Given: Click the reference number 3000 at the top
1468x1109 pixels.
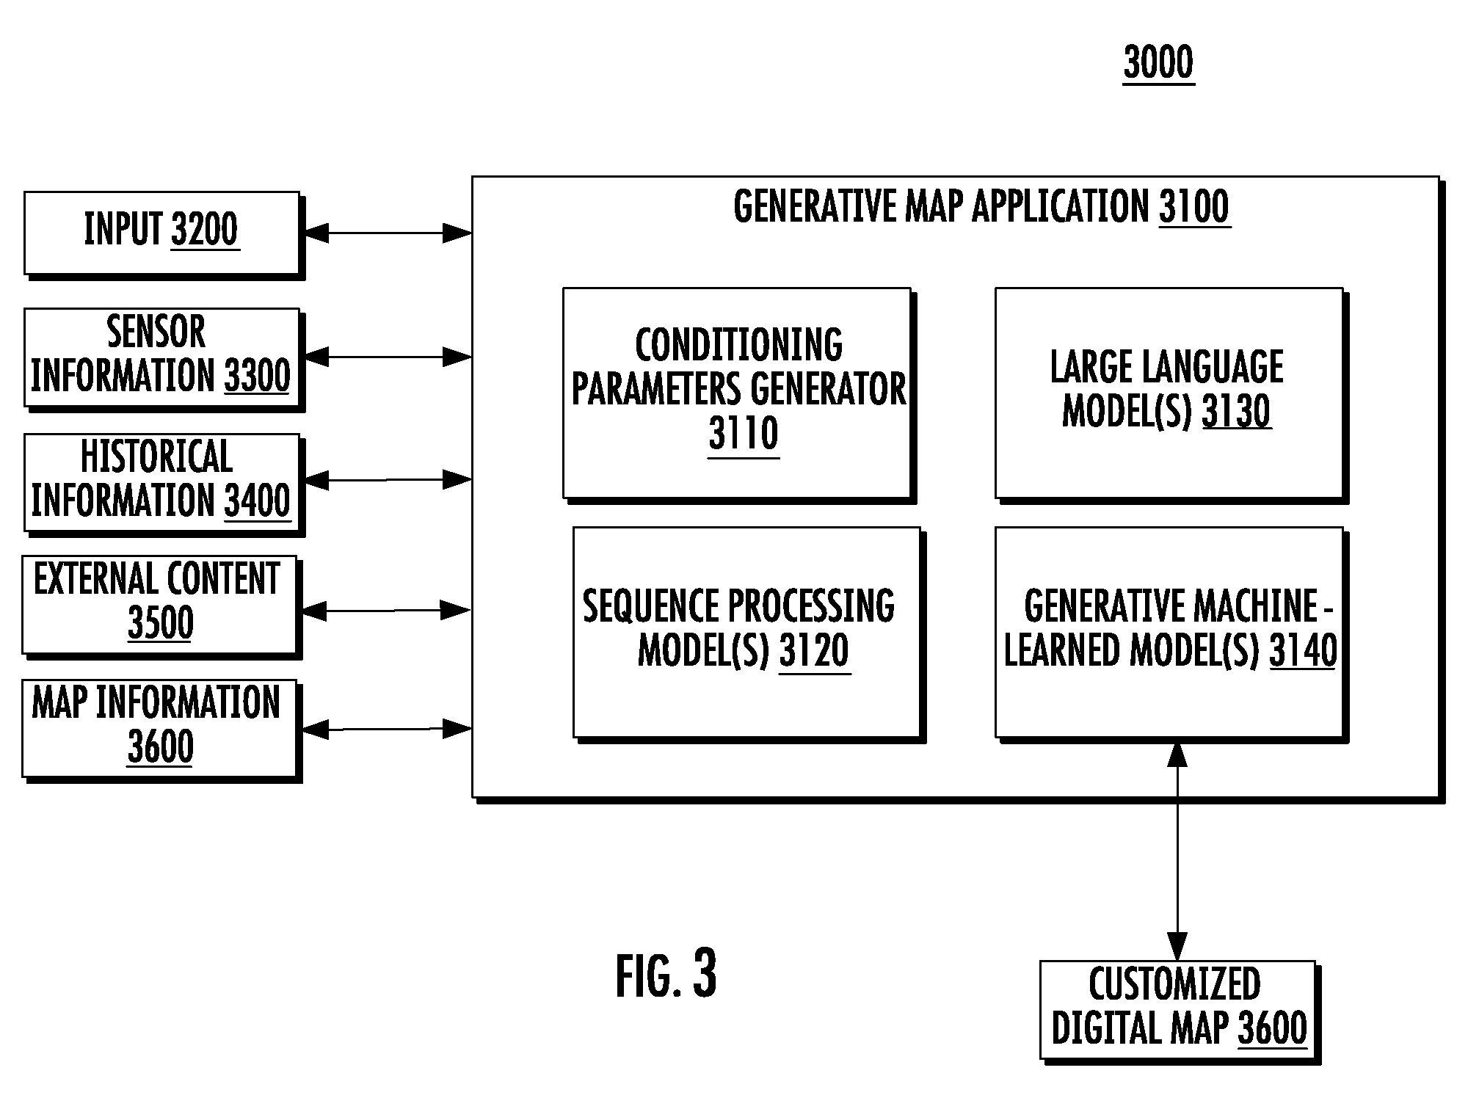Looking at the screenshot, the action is (x=1158, y=62).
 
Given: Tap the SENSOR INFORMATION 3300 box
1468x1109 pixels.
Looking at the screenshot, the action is (x=164, y=360).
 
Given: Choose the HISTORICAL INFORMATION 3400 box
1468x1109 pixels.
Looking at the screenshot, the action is (x=164, y=484).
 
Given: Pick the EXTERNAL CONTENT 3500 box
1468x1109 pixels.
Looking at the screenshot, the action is (x=161, y=607).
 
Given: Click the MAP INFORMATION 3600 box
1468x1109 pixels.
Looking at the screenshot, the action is (x=161, y=731).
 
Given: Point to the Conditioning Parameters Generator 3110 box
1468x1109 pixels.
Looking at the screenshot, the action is (x=739, y=395).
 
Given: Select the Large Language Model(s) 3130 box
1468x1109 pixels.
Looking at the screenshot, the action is (x=1171, y=395).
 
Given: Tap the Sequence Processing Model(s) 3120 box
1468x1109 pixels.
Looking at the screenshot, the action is (x=749, y=635).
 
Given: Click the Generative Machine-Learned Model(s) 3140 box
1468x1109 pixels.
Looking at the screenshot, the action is (x=1171, y=635).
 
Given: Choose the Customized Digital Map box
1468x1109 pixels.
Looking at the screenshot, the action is (x=1180, y=1012).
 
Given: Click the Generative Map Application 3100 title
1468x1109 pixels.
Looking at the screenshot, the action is (x=981, y=206).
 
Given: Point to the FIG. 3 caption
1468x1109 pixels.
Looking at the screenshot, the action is (x=666, y=975).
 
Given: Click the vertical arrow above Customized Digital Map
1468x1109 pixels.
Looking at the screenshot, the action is (x=1177, y=851).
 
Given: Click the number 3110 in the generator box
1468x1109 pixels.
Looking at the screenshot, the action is (x=743, y=434).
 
